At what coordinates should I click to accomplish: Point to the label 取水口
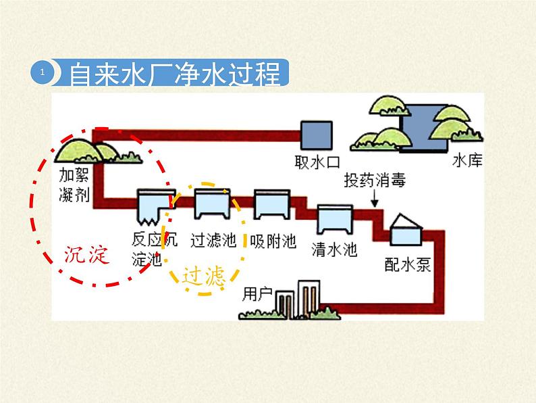317,163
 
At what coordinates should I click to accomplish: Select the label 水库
467,162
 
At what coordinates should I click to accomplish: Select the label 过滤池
213,241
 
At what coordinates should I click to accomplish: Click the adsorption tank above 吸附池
272,204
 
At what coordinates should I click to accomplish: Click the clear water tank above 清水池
335,219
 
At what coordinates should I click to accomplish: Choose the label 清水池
334,250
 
